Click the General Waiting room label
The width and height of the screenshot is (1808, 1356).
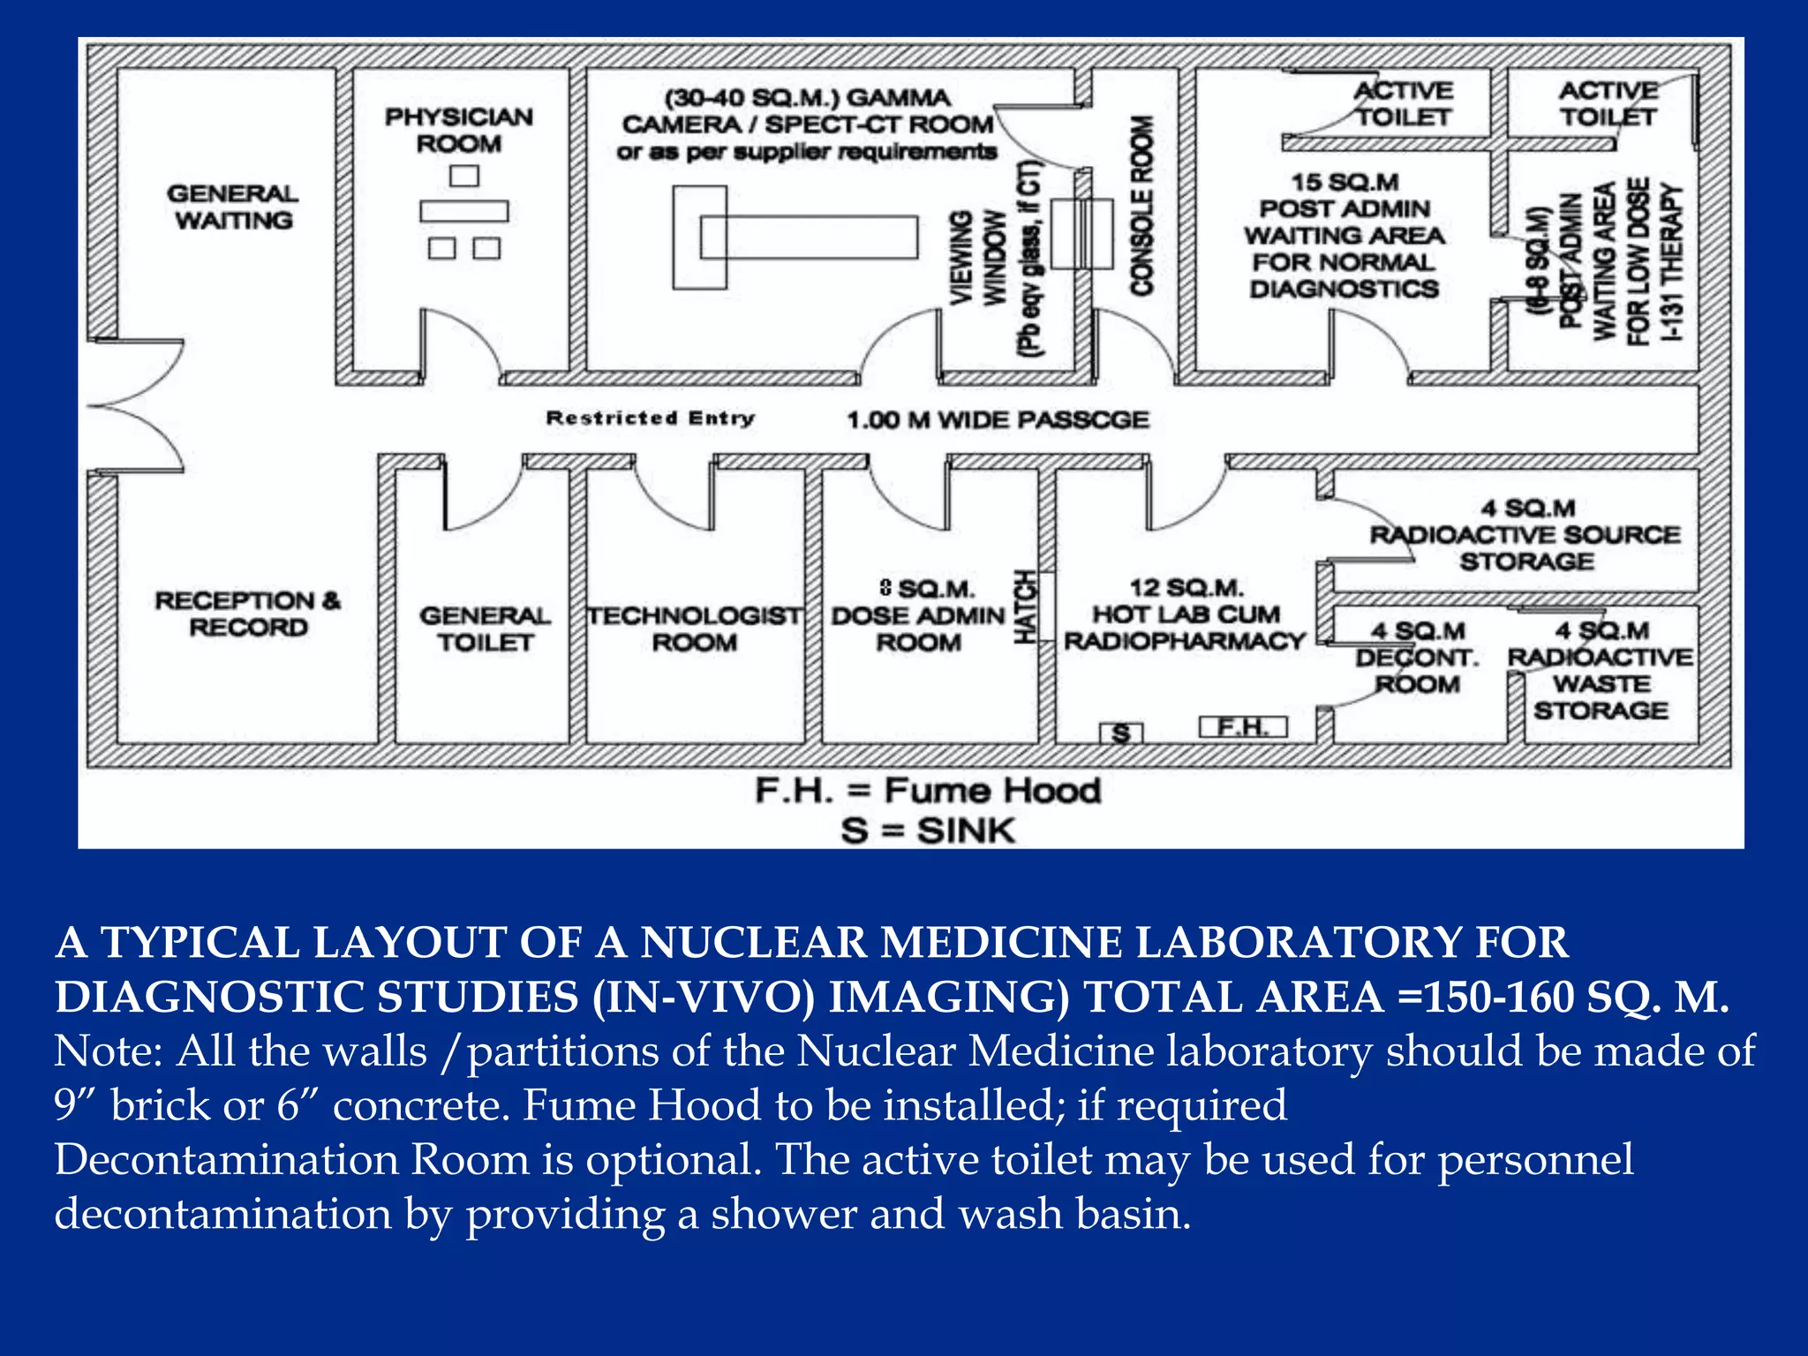click(x=233, y=207)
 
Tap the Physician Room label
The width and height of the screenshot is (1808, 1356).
click(x=458, y=130)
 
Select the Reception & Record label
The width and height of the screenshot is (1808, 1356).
click(x=247, y=614)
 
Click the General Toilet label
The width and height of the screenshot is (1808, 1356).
click(x=485, y=629)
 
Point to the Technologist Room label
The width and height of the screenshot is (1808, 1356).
click(x=695, y=629)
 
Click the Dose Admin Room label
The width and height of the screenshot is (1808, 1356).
click(x=918, y=615)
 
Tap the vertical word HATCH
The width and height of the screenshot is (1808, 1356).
click(x=1025, y=606)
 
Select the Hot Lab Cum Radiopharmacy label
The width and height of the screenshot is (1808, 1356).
click(x=1185, y=614)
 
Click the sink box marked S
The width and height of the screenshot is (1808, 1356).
click(x=1121, y=733)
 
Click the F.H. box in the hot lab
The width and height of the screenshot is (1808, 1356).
click(x=1243, y=727)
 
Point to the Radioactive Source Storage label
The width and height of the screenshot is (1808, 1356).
click(x=1525, y=535)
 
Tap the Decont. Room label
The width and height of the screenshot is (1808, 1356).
click(x=1417, y=658)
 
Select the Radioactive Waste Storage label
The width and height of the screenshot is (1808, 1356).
click(x=1601, y=671)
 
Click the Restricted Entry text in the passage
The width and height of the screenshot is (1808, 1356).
click(x=650, y=418)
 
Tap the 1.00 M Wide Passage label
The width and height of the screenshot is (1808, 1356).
click(x=998, y=420)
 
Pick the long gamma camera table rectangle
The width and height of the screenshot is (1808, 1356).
click(x=809, y=237)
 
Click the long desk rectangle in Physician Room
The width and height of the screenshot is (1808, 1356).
click(x=463, y=211)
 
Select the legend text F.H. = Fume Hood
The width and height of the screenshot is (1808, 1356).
click(x=928, y=790)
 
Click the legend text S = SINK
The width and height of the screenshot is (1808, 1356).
click(x=928, y=831)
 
